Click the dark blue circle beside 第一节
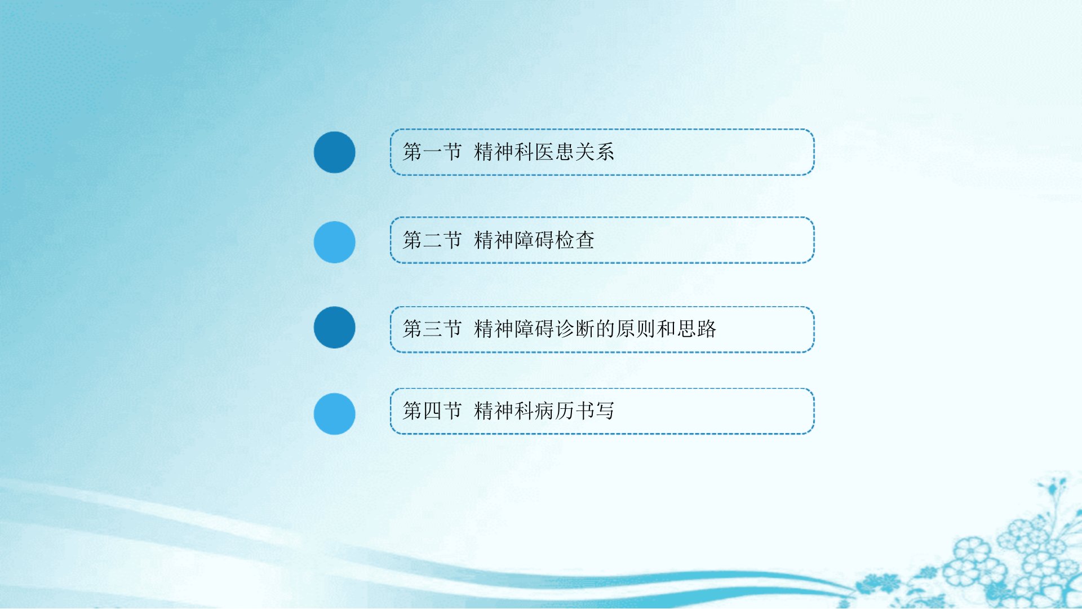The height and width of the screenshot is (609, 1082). click(334, 152)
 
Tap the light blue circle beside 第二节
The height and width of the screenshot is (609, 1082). click(334, 242)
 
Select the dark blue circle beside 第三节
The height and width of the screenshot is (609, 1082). click(334, 327)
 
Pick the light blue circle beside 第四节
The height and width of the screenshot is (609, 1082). click(334, 414)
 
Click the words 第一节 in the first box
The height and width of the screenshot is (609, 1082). click(432, 152)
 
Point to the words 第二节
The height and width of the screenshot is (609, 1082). click(432, 240)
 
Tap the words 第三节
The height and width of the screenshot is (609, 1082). click(432, 329)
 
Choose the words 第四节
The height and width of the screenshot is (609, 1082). click(432, 411)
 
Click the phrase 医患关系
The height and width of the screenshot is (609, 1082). click(574, 152)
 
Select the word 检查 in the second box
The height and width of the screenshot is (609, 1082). click(575, 240)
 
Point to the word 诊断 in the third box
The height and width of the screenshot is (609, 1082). click(575, 329)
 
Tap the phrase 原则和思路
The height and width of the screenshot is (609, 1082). click(666, 329)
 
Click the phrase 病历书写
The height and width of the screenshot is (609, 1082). click(574, 411)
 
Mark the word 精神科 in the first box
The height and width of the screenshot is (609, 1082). click(504, 152)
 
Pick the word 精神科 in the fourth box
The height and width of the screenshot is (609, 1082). click(504, 411)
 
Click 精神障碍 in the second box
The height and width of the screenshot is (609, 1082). click(514, 240)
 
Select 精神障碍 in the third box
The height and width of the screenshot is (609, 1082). click(514, 329)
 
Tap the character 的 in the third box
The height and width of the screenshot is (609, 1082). click(605, 329)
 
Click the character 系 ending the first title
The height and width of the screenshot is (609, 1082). click(605, 152)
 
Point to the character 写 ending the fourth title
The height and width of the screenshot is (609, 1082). click(605, 411)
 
